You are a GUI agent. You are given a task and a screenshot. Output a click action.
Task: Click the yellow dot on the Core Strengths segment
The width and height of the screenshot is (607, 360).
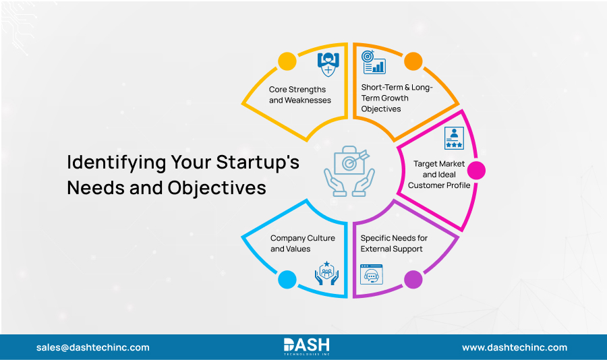point(287,61)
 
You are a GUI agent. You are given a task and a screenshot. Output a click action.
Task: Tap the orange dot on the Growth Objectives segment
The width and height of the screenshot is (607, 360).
point(413,61)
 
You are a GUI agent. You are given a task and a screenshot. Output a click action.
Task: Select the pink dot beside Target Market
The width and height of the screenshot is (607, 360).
point(476,170)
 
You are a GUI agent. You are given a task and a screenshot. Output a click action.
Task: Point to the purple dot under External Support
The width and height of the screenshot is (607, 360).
point(413,278)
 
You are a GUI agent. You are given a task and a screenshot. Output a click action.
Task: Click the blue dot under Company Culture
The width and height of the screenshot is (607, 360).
point(287,278)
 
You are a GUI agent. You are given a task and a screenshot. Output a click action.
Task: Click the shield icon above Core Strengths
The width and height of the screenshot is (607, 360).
point(327,64)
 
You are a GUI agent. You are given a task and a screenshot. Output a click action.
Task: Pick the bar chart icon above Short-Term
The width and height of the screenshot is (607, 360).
point(373,62)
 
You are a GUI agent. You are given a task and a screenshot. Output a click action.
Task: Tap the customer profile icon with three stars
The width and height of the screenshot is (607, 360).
point(454,138)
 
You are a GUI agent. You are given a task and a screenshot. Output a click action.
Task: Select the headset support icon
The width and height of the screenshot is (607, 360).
point(372,274)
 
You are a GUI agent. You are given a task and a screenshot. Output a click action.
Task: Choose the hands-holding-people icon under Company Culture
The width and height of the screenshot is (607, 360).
point(326,274)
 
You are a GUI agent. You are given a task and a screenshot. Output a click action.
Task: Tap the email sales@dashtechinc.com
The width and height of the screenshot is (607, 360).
point(93,348)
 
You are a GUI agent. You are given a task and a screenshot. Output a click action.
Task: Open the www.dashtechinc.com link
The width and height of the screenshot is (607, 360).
point(514,348)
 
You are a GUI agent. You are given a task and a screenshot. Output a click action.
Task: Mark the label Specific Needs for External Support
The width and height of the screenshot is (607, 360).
point(394,243)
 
